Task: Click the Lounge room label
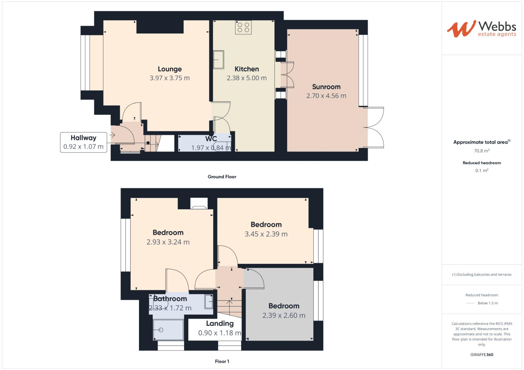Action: [170, 69]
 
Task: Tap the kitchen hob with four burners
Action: [243, 27]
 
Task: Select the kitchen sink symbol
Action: [219, 60]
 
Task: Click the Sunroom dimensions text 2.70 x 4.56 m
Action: [326, 96]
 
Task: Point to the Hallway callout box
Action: [83, 142]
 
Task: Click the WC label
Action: [211, 139]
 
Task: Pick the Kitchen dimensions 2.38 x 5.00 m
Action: [246, 78]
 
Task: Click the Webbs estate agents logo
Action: [481, 29]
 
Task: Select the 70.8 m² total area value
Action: [481, 151]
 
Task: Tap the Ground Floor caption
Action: [222, 177]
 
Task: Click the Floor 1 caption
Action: [222, 361]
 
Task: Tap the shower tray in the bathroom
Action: [168, 330]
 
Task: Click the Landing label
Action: [220, 323]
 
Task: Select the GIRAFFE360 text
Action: [481, 355]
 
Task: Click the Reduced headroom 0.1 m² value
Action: [481, 171]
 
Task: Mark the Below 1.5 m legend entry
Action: [487, 303]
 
